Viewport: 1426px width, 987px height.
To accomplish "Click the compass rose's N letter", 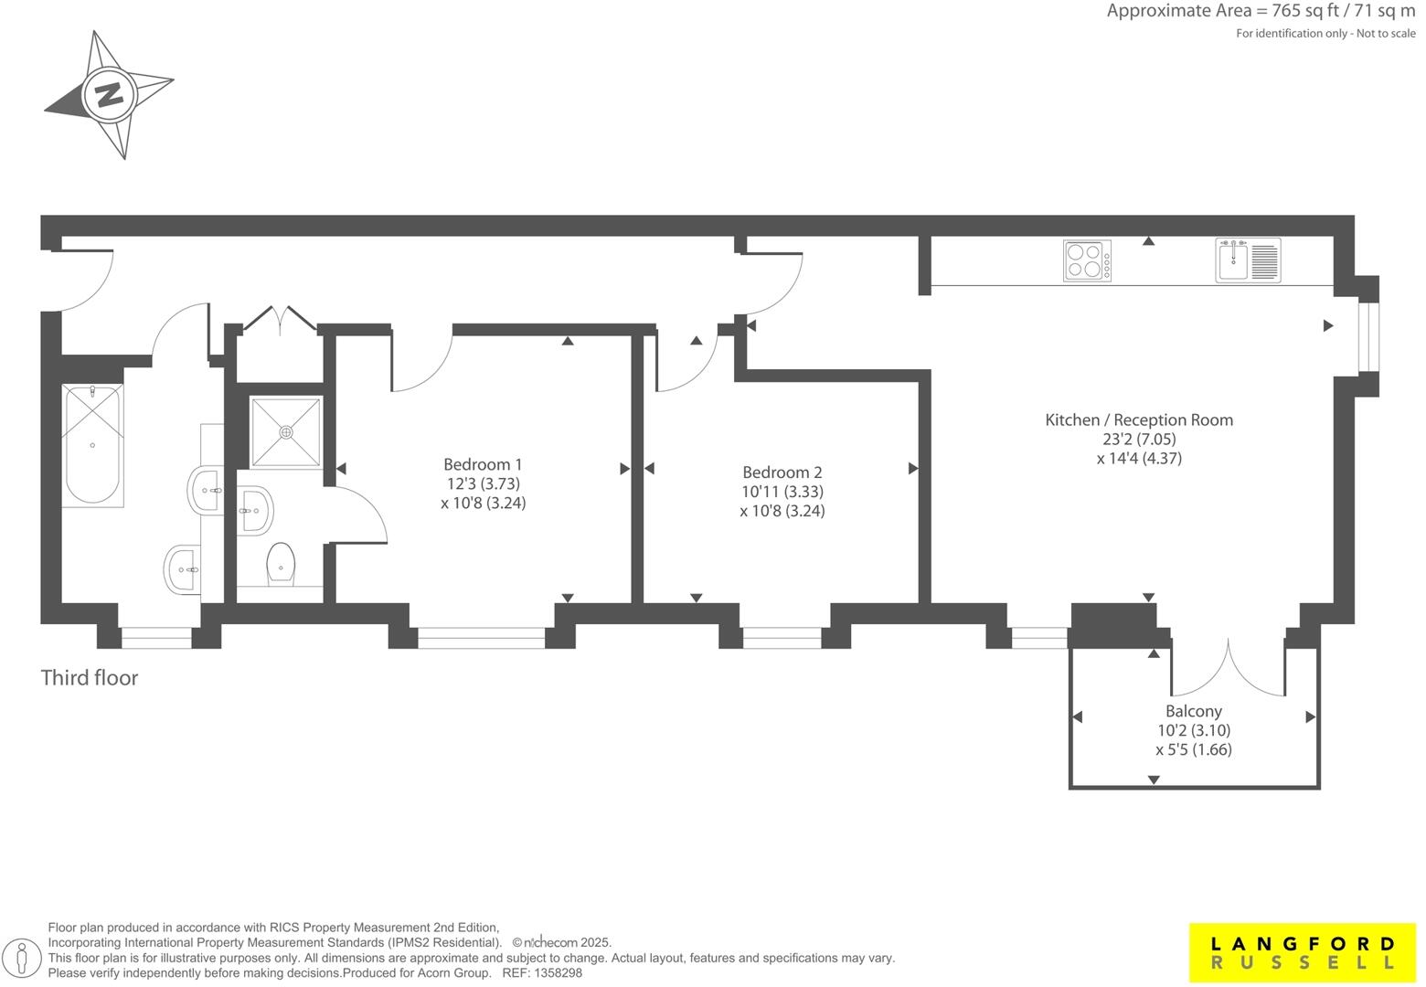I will [x=110, y=94].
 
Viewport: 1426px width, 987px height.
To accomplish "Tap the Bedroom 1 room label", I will [x=483, y=464].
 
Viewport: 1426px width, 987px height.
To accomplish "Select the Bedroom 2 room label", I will [x=782, y=472].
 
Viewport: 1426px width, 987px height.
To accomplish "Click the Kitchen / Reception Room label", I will [x=1139, y=420].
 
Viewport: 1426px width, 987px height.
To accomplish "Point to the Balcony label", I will [x=1193, y=711].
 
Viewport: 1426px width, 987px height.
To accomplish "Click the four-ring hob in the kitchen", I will [x=1088, y=260].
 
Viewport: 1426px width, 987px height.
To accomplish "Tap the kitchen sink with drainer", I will [x=1248, y=260].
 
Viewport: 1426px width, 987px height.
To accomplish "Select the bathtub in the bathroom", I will [x=92, y=445].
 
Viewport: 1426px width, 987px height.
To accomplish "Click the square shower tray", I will [x=286, y=431].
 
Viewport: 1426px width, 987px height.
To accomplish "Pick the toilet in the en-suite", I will [x=281, y=565].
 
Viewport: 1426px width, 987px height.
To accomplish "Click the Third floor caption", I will [x=90, y=678].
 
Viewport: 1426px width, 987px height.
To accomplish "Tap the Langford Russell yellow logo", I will [x=1303, y=952].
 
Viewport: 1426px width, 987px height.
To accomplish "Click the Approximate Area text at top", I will [x=1261, y=12].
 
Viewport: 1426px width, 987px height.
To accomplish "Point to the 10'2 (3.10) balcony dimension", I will [x=1193, y=730].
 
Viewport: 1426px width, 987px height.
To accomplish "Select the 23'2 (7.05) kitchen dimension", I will [x=1139, y=440].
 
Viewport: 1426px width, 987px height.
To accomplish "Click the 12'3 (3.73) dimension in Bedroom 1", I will [x=483, y=483].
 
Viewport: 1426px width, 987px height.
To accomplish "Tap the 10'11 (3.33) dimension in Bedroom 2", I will [x=782, y=492].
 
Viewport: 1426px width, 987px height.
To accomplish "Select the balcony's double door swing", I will [x=1229, y=667].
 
